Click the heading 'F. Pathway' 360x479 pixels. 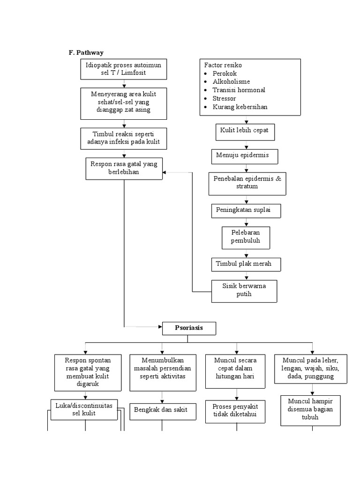[87, 53]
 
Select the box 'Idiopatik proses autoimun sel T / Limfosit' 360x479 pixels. [124, 69]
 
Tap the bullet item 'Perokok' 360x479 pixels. [225, 74]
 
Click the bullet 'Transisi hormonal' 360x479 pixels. [239, 90]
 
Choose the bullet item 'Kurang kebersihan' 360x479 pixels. [240, 107]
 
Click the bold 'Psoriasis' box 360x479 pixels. [189, 328]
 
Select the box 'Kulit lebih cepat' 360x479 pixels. [245, 131]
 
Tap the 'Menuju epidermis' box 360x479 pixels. [243, 156]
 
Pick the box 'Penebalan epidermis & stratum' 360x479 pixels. [247, 183]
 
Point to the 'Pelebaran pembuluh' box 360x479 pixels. [245, 237]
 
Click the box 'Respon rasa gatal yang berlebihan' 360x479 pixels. [124, 168]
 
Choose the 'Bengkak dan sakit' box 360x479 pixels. [161, 410]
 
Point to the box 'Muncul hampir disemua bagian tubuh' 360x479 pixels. [310, 410]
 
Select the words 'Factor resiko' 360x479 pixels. [223, 65]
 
